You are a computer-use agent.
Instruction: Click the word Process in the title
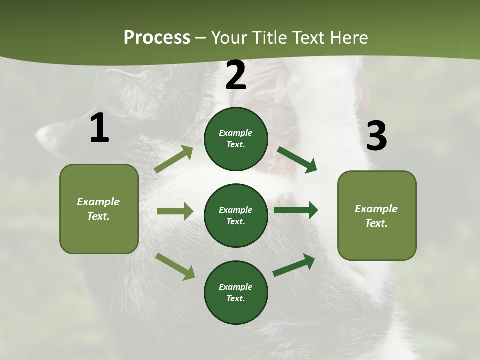click(157, 38)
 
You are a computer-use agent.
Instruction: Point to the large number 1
click(99, 128)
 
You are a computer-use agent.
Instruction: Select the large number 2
click(236, 76)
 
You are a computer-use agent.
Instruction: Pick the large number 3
click(376, 136)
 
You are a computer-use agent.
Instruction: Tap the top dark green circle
click(236, 139)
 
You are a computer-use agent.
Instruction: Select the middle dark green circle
click(236, 215)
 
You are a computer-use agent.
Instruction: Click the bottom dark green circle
click(236, 292)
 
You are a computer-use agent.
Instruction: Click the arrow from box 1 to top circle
click(174, 159)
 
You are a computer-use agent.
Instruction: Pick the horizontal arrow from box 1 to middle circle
click(175, 211)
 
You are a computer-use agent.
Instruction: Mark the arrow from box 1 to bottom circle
click(175, 266)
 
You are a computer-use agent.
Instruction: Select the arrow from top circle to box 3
click(297, 159)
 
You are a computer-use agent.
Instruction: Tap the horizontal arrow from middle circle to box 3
click(296, 210)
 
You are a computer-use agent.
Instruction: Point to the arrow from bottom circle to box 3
click(294, 265)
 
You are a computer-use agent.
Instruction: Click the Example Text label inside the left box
click(98, 209)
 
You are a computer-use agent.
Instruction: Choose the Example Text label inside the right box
click(376, 216)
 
